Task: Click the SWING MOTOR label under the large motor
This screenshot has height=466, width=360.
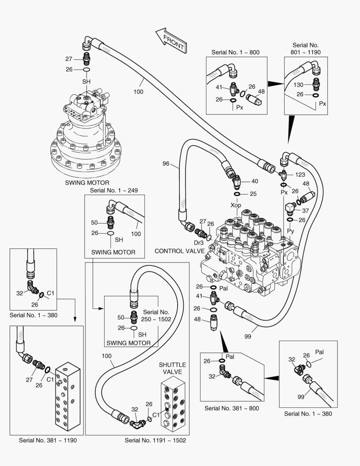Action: click(x=87, y=183)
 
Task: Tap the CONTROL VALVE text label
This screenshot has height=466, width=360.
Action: click(x=174, y=251)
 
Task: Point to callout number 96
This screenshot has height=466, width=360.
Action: click(x=166, y=164)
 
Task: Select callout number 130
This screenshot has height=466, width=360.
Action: click(x=298, y=85)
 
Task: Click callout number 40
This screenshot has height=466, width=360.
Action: click(x=255, y=181)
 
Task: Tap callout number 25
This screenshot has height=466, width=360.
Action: click(x=253, y=194)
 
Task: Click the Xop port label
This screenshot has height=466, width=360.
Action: click(x=236, y=205)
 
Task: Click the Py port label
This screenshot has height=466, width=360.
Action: click(x=291, y=232)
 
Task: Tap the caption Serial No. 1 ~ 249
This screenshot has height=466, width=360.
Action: click(x=114, y=190)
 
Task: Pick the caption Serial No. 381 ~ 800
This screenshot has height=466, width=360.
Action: click(x=232, y=408)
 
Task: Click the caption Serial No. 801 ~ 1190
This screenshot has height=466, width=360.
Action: click(x=305, y=48)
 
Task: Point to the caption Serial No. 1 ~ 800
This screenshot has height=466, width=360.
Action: click(x=235, y=52)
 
